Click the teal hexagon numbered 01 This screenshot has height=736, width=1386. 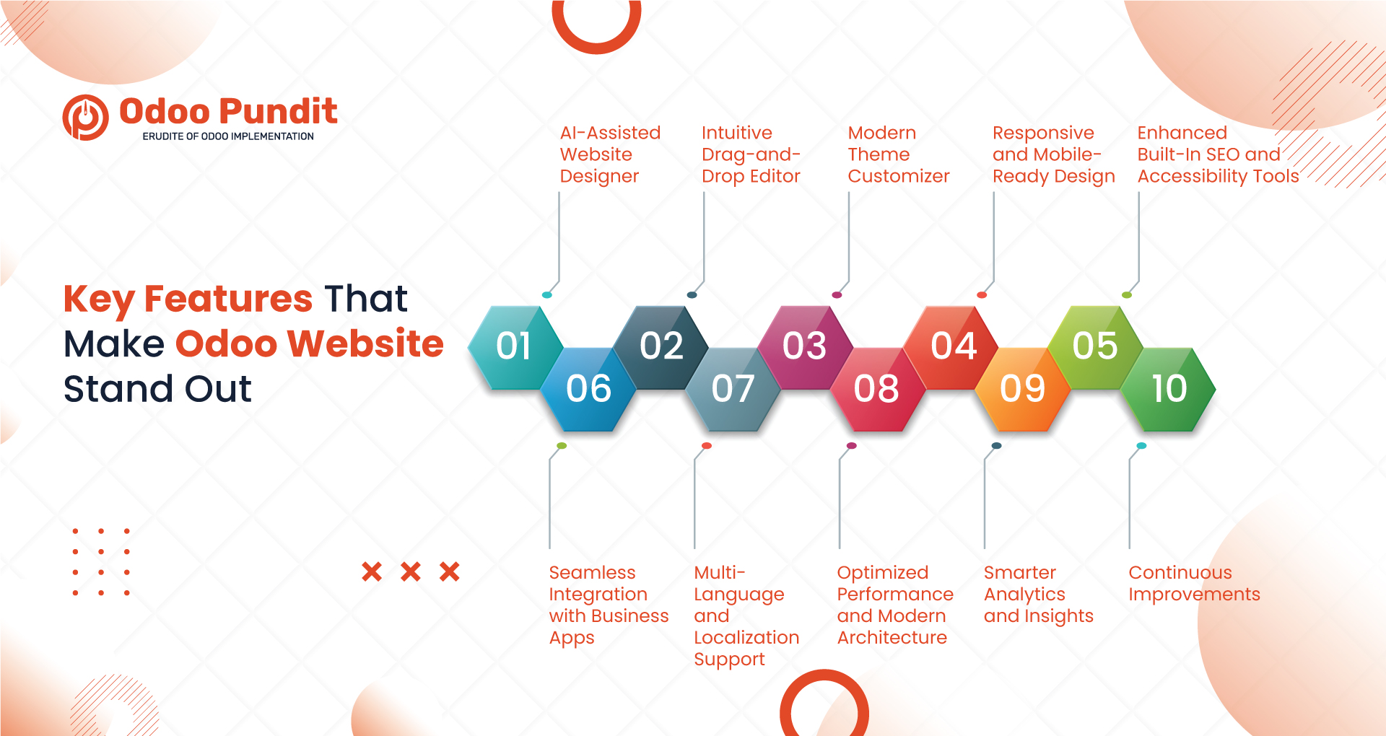[x=513, y=346]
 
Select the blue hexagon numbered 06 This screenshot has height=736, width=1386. [x=588, y=389]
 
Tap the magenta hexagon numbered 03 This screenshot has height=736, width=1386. [x=804, y=346]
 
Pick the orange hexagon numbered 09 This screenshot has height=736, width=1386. [x=1022, y=389]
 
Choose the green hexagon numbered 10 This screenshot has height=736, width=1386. [x=1169, y=389]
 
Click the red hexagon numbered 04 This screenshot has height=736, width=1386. [x=953, y=346]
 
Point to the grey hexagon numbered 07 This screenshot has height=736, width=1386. [x=733, y=389]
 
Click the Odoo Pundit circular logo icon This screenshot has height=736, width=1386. [x=86, y=118]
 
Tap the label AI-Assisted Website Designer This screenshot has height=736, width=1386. [x=610, y=154]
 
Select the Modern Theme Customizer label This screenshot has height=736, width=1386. [x=898, y=154]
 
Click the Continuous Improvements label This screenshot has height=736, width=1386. [x=1194, y=583]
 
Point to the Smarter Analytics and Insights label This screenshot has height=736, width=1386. [x=1038, y=594]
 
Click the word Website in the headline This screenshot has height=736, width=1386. [x=365, y=343]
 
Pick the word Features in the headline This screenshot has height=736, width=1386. [x=228, y=299]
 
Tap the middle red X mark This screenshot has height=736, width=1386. [x=411, y=572]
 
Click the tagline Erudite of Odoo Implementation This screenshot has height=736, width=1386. [x=228, y=136]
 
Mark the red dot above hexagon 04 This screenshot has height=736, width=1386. [x=982, y=295]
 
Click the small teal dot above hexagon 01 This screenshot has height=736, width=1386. [x=546, y=295]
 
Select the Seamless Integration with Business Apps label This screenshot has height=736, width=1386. [x=609, y=605]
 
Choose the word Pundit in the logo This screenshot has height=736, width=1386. [x=279, y=112]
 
